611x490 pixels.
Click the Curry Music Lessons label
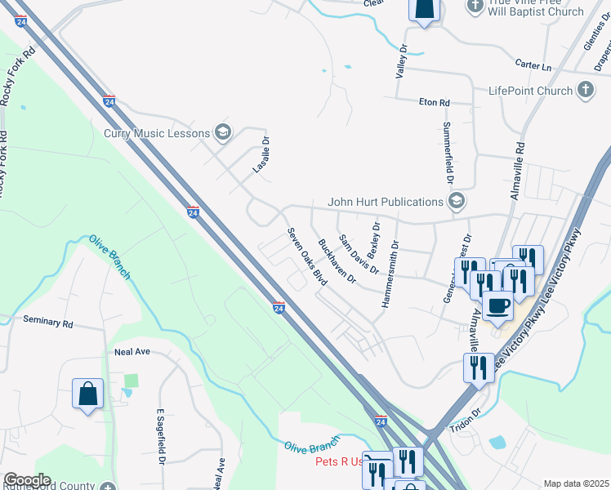156,133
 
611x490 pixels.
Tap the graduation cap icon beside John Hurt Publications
457,201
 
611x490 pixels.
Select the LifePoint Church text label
530,91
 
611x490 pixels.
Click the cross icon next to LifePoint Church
585,90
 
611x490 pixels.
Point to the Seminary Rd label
48,323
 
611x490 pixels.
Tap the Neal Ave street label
132,351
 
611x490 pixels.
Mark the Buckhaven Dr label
337,261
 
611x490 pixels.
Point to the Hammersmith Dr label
389,274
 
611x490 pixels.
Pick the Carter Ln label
533,65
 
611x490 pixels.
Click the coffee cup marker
497,305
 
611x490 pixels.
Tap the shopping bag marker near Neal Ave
88,395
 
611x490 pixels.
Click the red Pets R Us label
339,461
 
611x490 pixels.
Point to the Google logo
26,480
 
